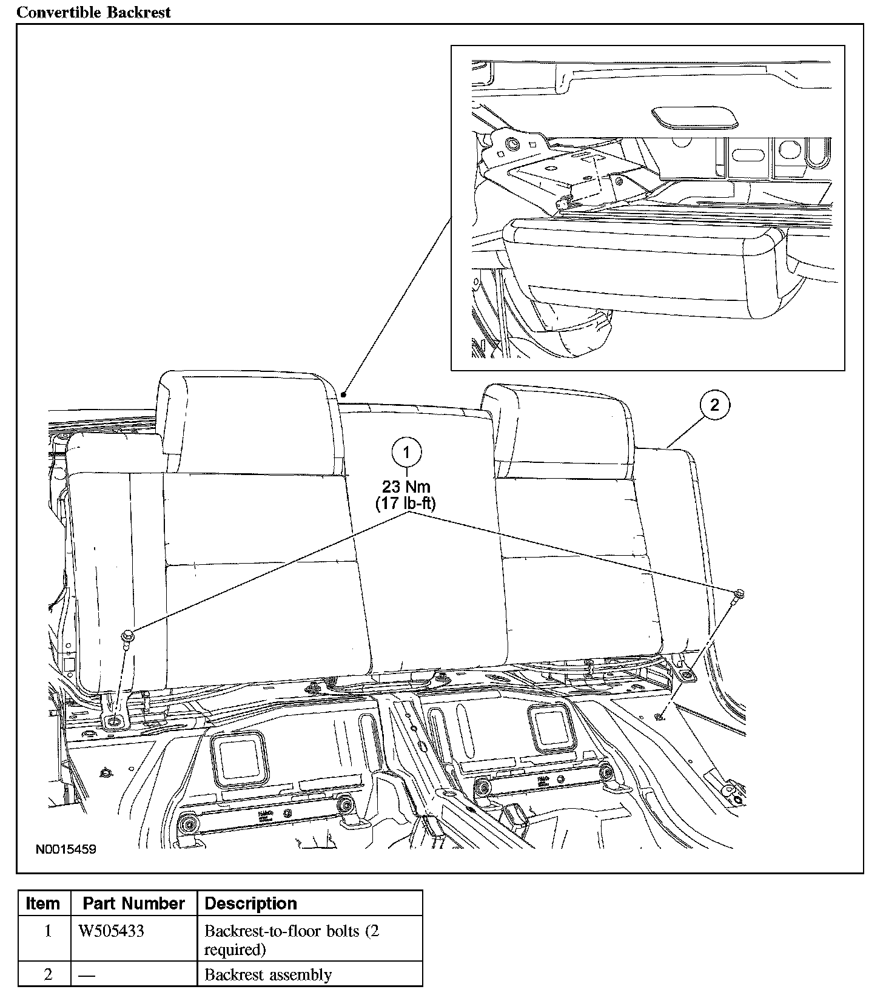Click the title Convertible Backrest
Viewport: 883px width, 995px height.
(x=93, y=12)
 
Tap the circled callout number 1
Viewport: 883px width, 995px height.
(x=406, y=452)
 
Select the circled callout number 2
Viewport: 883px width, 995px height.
(x=714, y=405)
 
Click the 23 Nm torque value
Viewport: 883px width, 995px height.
(x=406, y=487)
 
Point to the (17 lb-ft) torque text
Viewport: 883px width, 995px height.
(x=406, y=503)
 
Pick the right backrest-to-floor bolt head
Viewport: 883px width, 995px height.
(x=738, y=593)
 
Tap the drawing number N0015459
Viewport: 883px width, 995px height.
(x=66, y=849)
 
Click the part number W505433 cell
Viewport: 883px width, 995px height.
(x=112, y=931)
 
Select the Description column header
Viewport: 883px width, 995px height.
(x=251, y=903)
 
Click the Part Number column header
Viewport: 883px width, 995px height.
(x=133, y=903)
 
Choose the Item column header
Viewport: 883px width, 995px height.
(x=43, y=903)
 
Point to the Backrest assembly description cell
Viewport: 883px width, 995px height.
(x=268, y=974)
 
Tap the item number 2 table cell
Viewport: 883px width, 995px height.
(x=48, y=974)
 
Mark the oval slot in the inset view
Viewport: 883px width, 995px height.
(x=695, y=118)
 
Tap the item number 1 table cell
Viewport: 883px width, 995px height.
(x=48, y=931)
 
